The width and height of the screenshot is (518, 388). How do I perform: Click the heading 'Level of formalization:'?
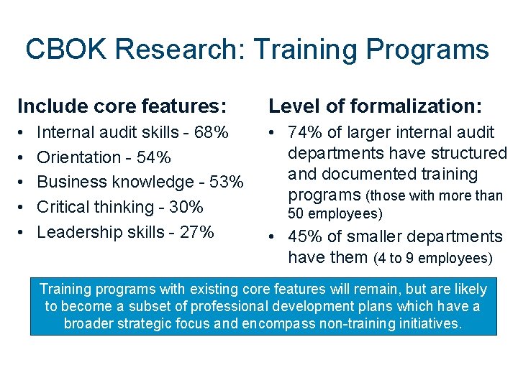(x=375, y=106)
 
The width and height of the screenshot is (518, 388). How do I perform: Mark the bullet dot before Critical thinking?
(x=22, y=208)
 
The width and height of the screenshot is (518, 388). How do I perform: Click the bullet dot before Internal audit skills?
(x=22, y=133)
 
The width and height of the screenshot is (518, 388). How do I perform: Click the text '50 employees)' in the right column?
(x=335, y=214)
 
